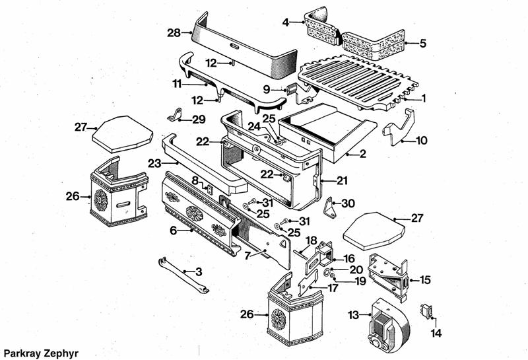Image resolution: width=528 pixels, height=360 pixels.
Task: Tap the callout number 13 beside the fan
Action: [x=354, y=314]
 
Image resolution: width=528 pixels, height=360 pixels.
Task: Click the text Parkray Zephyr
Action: [x=40, y=353]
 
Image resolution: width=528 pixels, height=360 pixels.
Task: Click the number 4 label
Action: [x=285, y=23]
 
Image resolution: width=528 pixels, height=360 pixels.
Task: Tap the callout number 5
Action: [x=423, y=44]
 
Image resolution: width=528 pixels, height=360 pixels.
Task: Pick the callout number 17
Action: [x=333, y=288]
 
